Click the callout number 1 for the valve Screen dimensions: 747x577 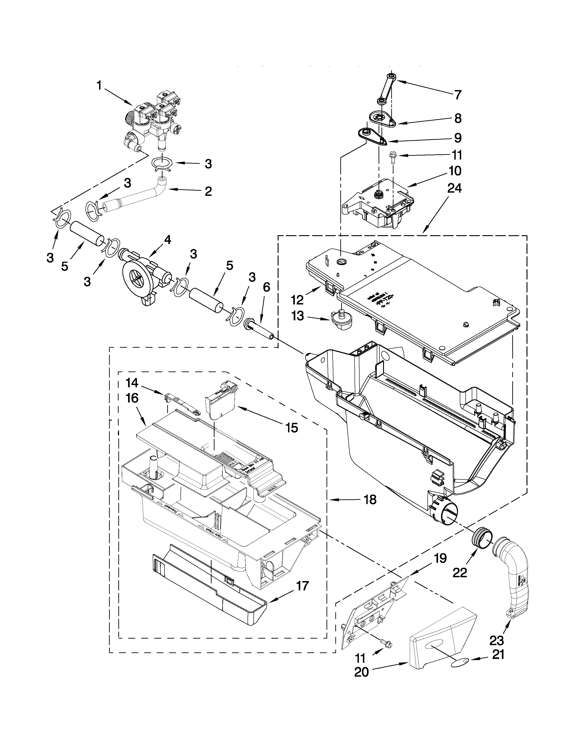pos(99,86)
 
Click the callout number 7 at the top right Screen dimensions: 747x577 pos(458,95)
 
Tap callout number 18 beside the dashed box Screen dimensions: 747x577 pos(370,500)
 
